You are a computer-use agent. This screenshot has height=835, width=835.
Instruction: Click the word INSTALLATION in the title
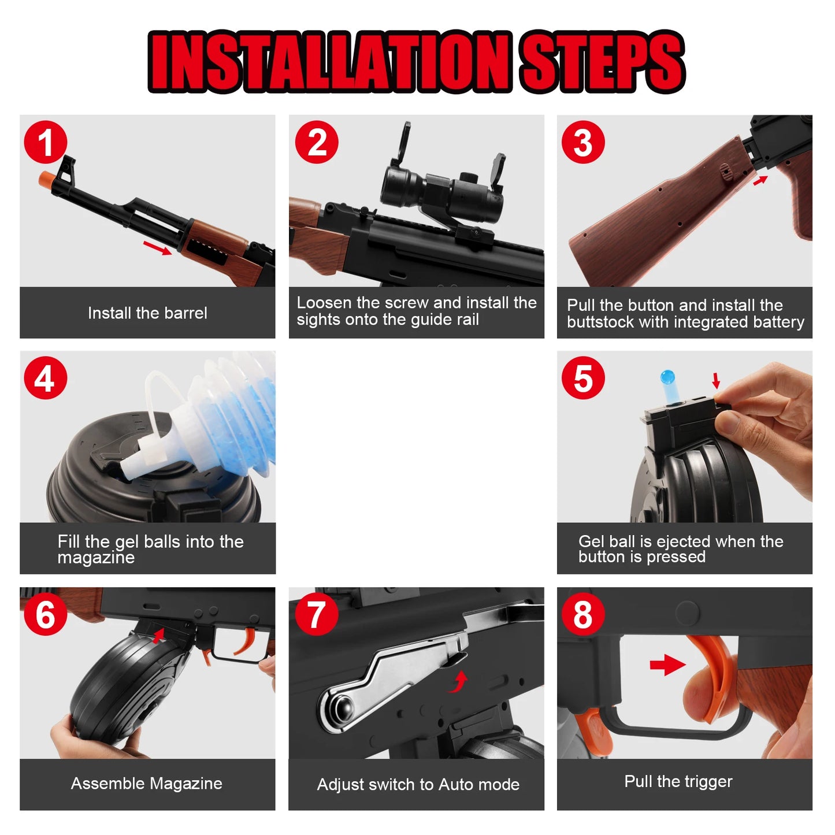coord(329,62)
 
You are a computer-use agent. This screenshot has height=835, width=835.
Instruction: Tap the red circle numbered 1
coord(46,142)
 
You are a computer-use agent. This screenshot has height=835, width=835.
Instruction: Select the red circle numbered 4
coord(46,378)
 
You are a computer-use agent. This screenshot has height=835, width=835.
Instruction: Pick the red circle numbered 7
coord(316,614)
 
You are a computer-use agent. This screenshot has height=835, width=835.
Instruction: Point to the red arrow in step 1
coord(157,247)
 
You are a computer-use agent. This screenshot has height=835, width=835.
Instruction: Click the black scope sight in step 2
coord(442,191)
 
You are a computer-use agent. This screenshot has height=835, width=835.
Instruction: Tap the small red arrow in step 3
coord(760,180)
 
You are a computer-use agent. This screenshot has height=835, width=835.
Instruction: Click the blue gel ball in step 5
coord(668,377)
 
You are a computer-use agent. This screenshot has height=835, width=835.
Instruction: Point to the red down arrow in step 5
coord(716,380)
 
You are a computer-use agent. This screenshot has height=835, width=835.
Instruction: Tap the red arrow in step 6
coord(158,636)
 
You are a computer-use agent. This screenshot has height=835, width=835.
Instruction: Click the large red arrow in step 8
coord(667,665)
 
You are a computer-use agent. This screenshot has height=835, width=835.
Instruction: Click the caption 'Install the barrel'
coord(147,313)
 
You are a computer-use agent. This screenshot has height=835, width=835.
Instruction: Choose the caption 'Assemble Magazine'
coord(147,784)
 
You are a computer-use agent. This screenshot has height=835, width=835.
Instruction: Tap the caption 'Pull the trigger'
coord(678,781)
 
